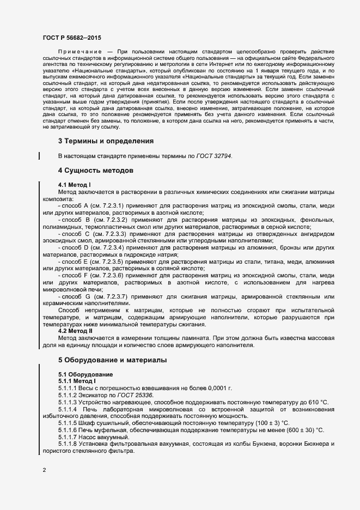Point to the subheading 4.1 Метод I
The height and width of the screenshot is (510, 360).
pos(74,185)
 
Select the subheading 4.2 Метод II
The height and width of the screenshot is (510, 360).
pos(75,330)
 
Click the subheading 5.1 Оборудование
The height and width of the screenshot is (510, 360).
pos(86,374)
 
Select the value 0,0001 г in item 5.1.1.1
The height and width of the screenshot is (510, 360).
pos(218,388)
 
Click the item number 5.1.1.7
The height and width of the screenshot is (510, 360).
pos(69,438)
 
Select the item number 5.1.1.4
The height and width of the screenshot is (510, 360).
pos(69,409)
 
